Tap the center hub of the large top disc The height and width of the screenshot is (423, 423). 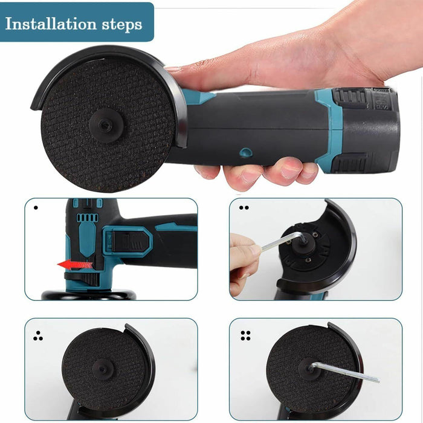pyautogui.click(x=106, y=123)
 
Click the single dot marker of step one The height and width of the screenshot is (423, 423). pyautogui.click(x=36, y=208)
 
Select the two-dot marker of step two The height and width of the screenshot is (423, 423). pyautogui.click(x=244, y=207)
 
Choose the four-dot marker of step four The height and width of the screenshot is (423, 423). pyautogui.click(x=245, y=335)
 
